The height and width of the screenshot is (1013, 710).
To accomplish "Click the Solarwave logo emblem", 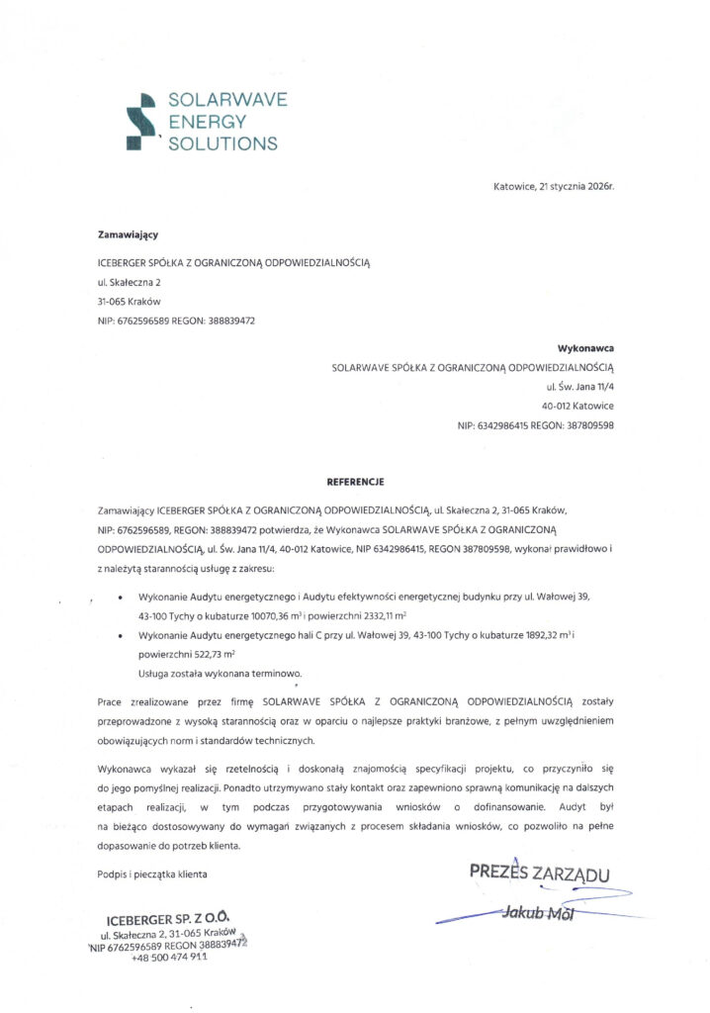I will pyautogui.click(x=141, y=121).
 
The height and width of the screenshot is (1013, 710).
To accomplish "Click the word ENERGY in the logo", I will pyautogui.click(x=208, y=122).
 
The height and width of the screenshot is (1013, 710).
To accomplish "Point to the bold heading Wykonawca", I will pyautogui.click(x=586, y=349).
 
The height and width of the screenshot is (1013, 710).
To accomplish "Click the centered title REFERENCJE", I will pyautogui.click(x=355, y=482).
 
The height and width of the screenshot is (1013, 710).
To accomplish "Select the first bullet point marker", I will pyautogui.click(x=121, y=599).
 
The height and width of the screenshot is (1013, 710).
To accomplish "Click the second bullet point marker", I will pyautogui.click(x=121, y=635).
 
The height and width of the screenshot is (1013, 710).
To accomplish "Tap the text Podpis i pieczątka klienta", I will pyautogui.click(x=152, y=874).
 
